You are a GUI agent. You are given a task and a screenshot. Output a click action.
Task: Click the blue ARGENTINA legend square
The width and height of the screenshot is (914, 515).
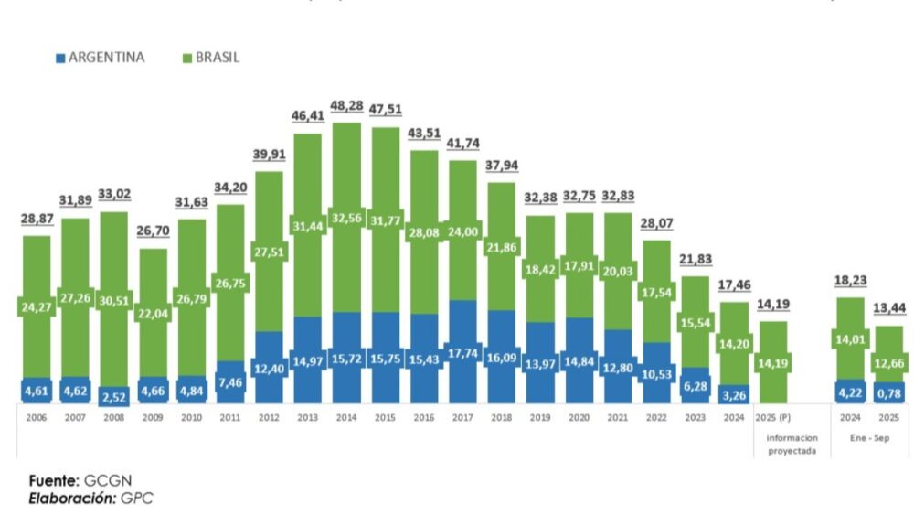60,58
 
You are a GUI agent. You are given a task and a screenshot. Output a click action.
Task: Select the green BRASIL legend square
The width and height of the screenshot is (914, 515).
187,58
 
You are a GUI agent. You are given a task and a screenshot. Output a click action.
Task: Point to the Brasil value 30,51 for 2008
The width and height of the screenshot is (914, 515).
113,309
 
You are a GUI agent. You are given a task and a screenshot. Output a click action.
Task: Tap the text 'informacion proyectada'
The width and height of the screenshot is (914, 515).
773,444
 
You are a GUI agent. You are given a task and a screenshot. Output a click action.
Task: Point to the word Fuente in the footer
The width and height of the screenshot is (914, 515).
53,480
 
